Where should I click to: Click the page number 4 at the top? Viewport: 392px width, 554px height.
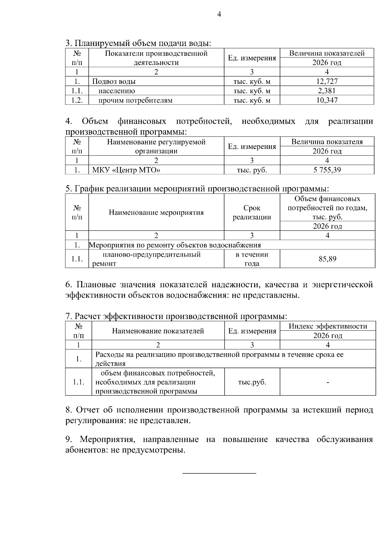point(219,14)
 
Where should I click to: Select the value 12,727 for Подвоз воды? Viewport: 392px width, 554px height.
point(327,81)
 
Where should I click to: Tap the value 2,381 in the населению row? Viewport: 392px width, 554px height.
point(327,91)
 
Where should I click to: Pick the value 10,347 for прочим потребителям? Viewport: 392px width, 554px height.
point(327,100)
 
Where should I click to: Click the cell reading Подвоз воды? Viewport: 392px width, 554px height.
point(114,82)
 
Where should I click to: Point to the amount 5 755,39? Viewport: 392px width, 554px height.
point(327,170)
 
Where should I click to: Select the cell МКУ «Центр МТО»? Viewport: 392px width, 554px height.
point(126,170)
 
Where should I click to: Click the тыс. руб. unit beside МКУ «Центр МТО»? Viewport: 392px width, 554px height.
point(252,170)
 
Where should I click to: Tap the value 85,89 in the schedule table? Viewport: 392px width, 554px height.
point(327,259)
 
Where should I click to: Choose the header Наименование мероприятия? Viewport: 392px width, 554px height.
point(156,213)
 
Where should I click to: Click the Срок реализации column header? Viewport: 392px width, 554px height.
point(252,213)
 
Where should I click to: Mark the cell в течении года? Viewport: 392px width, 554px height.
point(252,259)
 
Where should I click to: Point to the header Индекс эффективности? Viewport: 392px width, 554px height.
point(328,326)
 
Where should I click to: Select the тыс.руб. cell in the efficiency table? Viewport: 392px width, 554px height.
point(252,382)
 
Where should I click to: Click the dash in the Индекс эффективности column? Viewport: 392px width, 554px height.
point(328,382)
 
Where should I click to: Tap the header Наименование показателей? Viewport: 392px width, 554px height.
point(158,331)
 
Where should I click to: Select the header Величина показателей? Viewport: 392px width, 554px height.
point(327,53)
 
